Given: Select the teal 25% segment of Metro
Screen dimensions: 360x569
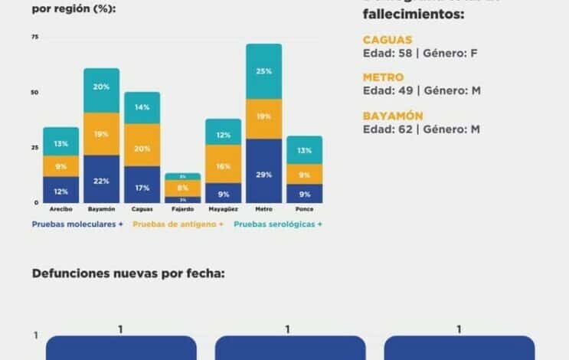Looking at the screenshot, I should coord(263,71).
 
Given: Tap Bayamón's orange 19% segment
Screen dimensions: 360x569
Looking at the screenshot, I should coord(101,134).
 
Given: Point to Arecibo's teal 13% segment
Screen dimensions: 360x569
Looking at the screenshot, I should coord(60,142).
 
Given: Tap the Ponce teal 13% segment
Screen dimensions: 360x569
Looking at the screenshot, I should coord(304,150).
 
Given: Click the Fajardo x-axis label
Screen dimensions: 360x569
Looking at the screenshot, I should coord(182,209).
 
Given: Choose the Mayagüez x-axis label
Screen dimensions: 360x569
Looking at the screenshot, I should coord(223,209).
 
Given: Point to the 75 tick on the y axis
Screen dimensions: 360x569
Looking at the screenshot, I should coord(34,38).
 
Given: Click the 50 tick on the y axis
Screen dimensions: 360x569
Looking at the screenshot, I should coord(34,93).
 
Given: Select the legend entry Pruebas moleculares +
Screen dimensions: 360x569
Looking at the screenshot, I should coord(77,224).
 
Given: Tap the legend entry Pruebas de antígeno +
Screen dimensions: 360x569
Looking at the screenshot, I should coord(178,224).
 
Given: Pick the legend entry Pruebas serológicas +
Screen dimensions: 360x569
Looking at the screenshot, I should coord(277,224).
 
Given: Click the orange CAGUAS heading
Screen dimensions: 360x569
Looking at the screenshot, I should coord(388,40).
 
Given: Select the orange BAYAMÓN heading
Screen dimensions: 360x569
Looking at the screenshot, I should coord(393,116).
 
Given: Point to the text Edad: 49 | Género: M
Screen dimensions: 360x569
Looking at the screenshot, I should coord(422,90).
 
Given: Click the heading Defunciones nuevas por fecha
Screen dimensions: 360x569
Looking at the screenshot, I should coord(129,273).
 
